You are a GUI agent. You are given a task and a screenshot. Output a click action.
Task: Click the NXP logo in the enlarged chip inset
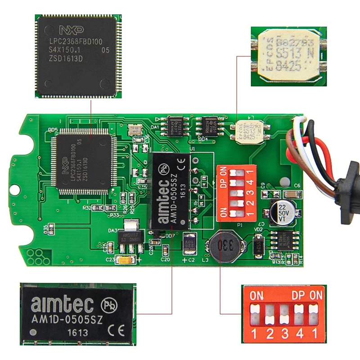[71, 31]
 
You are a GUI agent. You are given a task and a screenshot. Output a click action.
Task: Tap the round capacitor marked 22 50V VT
[282, 210]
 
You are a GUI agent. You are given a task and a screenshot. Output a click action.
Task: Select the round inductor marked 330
[225, 247]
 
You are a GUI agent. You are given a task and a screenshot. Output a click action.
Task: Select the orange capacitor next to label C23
[124, 260]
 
